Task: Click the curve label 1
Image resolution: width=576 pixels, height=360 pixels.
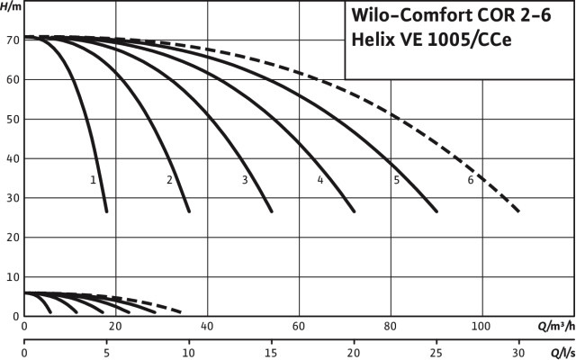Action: click(94, 180)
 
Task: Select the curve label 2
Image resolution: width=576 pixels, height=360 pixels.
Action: click(169, 180)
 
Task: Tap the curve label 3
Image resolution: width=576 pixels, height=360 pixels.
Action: click(245, 180)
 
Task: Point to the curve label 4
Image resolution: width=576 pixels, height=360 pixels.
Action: click(319, 180)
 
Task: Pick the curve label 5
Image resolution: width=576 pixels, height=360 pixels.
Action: click(396, 180)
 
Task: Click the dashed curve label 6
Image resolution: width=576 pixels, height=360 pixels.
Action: click(471, 180)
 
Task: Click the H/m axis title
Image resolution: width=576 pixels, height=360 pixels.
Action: click(11, 7)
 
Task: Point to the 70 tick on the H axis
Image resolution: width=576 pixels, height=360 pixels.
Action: click(11, 40)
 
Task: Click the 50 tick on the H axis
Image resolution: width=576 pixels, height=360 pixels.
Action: click(11, 119)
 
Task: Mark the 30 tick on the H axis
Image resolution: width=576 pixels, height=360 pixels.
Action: click(11, 198)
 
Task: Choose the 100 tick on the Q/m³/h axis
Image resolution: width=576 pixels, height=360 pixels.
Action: click(481, 327)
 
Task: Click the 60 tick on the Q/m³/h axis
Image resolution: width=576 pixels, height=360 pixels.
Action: click(299, 327)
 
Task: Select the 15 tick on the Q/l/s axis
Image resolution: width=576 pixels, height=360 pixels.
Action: click(272, 353)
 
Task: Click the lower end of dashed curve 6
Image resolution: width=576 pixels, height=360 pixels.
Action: click(519, 212)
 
